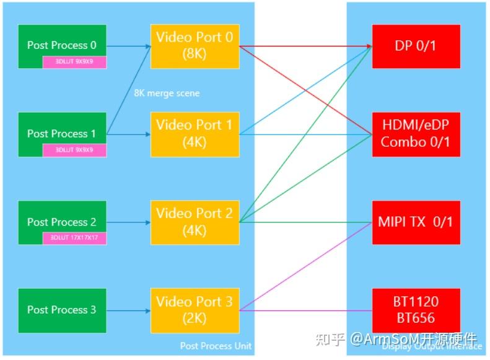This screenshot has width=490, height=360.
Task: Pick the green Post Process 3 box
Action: pyautogui.click(x=62, y=310)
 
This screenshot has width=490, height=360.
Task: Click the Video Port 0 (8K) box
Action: pyautogui.click(x=195, y=46)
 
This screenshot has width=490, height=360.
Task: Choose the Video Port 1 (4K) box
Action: pyautogui.click(x=195, y=134)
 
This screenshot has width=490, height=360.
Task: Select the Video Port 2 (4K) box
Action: pyautogui.click(x=195, y=222)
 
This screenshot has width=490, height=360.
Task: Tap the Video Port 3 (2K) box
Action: pyautogui.click(x=195, y=310)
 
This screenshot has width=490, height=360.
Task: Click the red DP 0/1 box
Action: pyautogui.click(x=416, y=46)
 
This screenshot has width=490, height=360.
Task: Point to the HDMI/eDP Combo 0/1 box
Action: pyautogui.click(x=416, y=134)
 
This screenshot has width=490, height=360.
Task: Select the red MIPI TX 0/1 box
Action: pyautogui.click(x=416, y=222)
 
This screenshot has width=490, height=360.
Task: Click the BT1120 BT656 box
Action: pyautogui.click(x=416, y=310)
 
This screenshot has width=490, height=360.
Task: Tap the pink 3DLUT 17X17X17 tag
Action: pyautogui.click(x=74, y=238)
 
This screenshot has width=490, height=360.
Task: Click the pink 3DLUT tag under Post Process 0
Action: pyautogui.click(x=74, y=62)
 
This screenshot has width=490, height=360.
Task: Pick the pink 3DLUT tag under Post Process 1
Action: pyautogui.click(x=74, y=150)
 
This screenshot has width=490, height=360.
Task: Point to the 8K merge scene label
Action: pyautogui.click(x=167, y=93)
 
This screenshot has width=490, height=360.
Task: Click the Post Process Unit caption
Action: pyautogui.click(x=216, y=346)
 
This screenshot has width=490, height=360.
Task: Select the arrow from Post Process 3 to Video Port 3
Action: pyautogui.click(x=128, y=310)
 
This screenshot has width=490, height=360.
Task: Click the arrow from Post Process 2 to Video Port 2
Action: pyautogui.click(x=128, y=222)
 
